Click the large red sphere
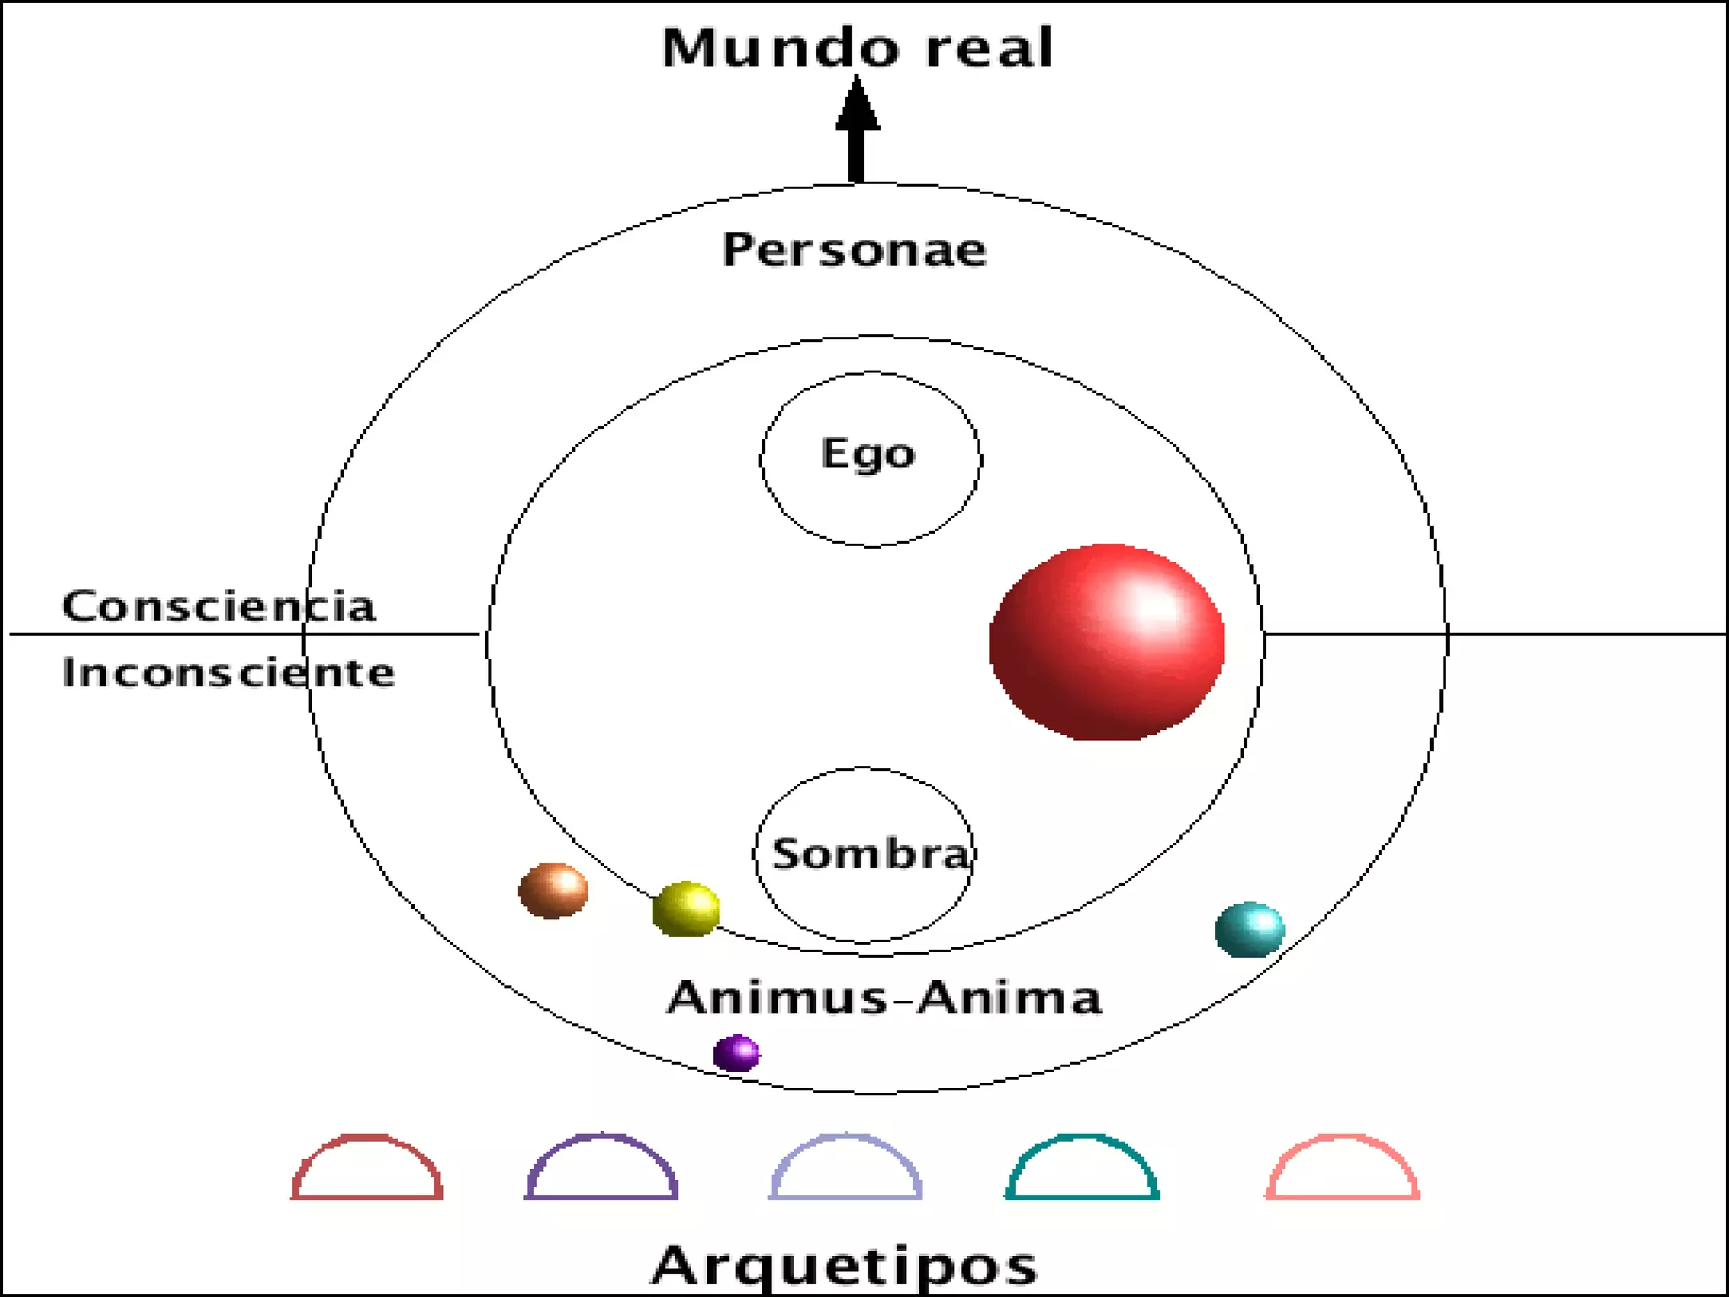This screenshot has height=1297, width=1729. click(1107, 642)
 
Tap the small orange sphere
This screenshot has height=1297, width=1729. click(553, 890)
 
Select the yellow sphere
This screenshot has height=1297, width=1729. click(686, 909)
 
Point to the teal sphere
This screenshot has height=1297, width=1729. click(1249, 929)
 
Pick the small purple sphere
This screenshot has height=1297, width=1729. click(736, 1053)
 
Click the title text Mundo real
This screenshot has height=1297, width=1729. click(857, 47)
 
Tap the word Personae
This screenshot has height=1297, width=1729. click(854, 250)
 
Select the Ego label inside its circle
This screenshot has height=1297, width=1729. click(868, 454)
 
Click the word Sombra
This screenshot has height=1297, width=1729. click(871, 853)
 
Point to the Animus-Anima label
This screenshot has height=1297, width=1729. click(884, 997)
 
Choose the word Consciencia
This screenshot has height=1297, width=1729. click(219, 605)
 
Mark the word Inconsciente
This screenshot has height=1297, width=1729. click(228, 672)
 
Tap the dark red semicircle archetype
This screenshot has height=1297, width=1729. click(367, 1168)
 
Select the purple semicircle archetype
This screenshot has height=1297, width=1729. click(601, 1168)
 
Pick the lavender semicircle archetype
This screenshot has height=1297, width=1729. click(845, 1168)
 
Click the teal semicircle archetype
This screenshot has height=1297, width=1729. click(1081, 1168)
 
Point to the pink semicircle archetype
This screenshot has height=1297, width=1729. click(1342, 1168)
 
